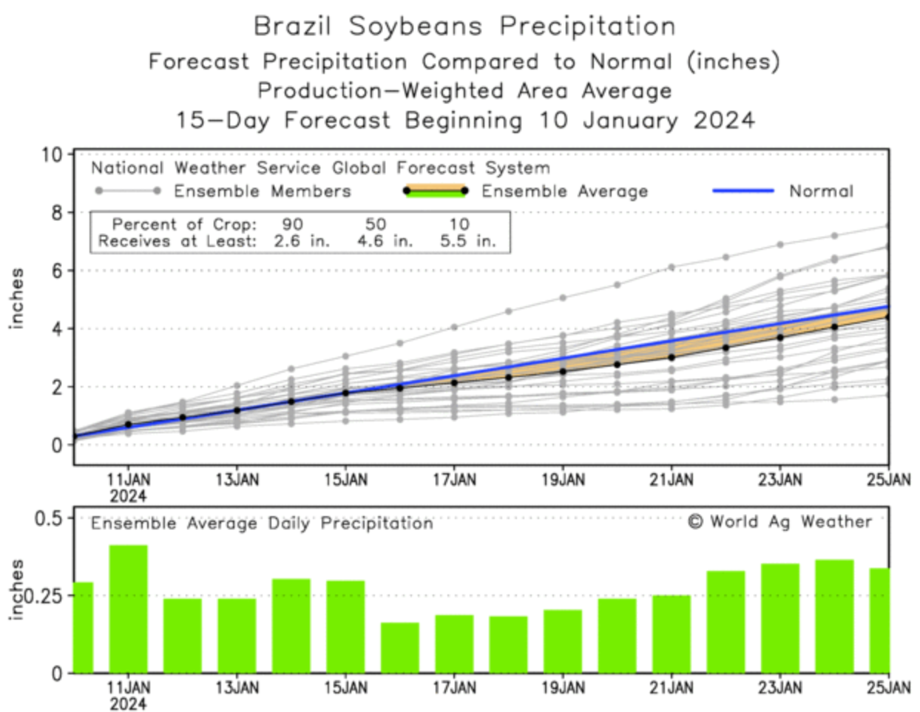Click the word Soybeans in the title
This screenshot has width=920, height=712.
click(x=415, y=27)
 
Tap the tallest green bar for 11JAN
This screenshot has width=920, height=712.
click(x=129, y=608)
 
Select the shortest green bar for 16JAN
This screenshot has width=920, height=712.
click(x=400, y=648)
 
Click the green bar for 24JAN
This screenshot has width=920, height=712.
click(x=834, y=616)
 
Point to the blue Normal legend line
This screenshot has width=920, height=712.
click(x=743, y=191)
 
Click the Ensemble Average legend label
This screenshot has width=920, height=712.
click(x=564, y=191)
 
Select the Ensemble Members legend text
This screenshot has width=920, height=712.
click(x=263, y=191)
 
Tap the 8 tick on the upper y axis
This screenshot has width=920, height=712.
click(x=56, y=213)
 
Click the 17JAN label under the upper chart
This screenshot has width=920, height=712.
click(x=454, y=480)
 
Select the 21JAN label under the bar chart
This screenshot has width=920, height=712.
click(x=672, y=688)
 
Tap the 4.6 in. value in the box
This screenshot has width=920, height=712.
click(x=385, y=241)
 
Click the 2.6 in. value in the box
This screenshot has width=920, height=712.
click(x=302, y=241)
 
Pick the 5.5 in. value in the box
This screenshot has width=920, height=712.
click(x=467, y=241)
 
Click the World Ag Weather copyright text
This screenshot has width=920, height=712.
click(x=780, y=522)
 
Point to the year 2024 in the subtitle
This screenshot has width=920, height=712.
click(x=724, y=120)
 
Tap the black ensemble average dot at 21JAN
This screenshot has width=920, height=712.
click(x=672, y=357)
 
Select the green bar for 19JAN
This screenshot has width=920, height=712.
click(x=563, y=641)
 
